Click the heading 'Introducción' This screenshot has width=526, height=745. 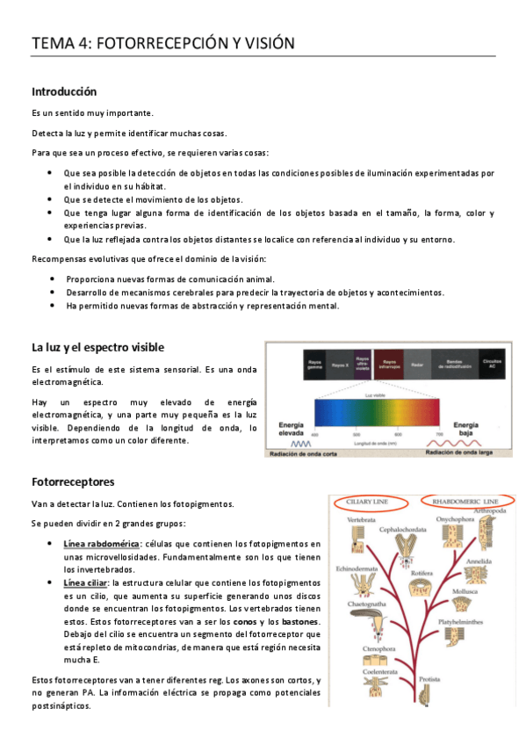coord(64,91)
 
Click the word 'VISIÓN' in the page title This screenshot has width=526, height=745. coord(264,43)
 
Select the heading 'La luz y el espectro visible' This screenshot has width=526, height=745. coord(97,347)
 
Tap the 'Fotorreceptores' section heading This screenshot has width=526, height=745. coord(73,482)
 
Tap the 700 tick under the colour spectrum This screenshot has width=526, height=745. coord(438,434)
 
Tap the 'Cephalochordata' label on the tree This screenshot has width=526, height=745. coord(403,530)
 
